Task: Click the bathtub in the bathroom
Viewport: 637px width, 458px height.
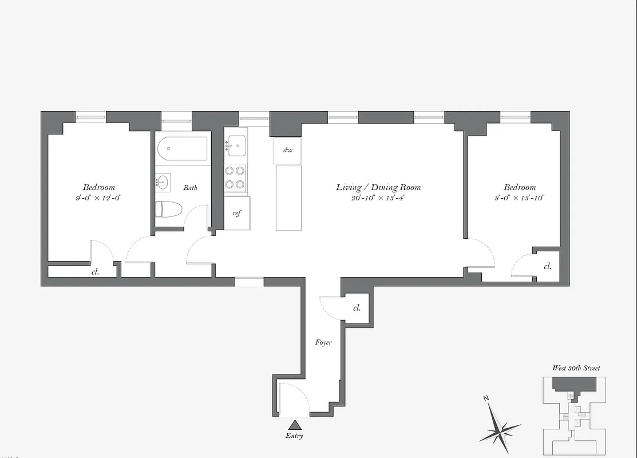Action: [x=183, y=148]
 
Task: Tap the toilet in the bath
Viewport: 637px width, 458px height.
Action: [x=169, y=209]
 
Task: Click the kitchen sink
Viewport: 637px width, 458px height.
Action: [x=236, y=145]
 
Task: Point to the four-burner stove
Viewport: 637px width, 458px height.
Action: [x=235, y=177]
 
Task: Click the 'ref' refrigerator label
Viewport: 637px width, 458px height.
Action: [x=236, y=213]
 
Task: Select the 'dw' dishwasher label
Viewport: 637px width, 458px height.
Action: [x=287, y=151]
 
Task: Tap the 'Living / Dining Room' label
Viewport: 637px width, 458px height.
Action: [x=378, y=187]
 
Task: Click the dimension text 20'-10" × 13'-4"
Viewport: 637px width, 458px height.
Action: [x=378, y=199]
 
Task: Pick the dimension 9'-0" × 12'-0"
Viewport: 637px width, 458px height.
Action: [x=99, y=198]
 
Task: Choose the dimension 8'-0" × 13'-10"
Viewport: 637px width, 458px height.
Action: [x=520, y=198]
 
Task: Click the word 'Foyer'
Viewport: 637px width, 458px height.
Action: [x=323, y=342]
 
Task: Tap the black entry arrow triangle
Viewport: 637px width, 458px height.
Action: [x=295, y=425]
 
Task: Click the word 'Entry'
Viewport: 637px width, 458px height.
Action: [x=295, y=436]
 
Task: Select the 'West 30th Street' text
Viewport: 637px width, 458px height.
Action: [x=576, y=368]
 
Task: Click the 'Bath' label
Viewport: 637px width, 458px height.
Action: [x=191, y=188]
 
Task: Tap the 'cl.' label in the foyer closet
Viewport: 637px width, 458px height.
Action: [x=357, y=308]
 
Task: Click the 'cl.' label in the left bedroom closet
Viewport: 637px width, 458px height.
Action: [x=95, y=272]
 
